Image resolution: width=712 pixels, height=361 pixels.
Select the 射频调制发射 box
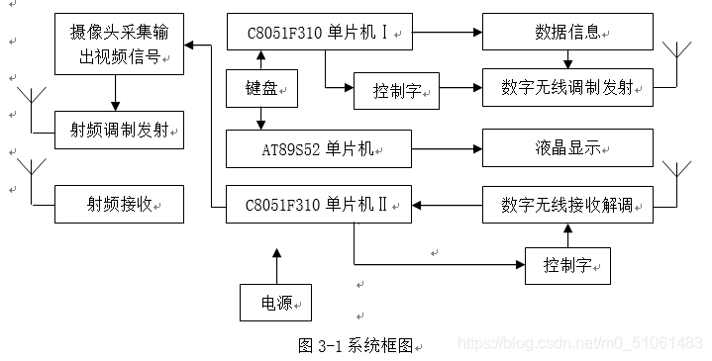coord(119,130)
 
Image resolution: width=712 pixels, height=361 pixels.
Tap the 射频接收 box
coord(119,204)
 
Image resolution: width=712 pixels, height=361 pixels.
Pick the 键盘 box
coord(261,88)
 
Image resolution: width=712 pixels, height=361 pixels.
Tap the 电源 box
coord(275,302)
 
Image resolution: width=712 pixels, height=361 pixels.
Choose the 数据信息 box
coord(566,32)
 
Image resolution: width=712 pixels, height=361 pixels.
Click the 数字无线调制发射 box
coord(566,89)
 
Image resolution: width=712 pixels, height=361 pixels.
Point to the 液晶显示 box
coord(566,148)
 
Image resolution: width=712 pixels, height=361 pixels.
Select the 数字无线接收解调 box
coord(566,205)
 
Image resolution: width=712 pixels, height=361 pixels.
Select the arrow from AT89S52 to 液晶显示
coord(447,149)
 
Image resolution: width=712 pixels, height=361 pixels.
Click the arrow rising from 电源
coord(275,265)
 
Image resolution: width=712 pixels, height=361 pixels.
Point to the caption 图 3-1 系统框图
coord(359,345)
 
